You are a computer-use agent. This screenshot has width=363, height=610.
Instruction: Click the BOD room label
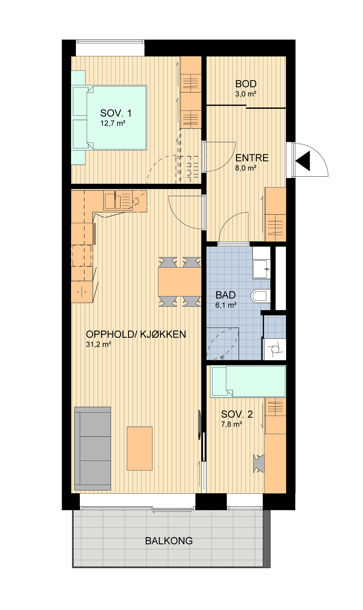(246, 84)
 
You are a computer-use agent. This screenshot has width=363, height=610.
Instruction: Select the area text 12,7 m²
(113, 123)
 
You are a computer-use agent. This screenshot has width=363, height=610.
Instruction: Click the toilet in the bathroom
(260, 296)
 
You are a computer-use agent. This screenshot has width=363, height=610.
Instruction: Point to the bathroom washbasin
(262, 269)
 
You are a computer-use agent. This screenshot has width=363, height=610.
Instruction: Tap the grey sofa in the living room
(93, 448)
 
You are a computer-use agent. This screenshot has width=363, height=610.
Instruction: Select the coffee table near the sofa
(139, 448)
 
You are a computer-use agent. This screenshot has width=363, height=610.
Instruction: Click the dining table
(180, 282)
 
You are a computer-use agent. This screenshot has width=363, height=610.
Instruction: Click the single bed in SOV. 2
(248, 381)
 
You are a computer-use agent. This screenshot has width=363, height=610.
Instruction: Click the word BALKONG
(169, 541)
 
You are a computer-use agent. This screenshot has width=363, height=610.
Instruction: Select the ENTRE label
(252, 158)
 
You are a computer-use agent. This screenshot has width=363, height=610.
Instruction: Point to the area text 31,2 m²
(99, 344)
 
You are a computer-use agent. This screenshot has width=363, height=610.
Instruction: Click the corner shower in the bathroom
(223, 344)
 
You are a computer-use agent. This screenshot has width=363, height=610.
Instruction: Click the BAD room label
(226, 295)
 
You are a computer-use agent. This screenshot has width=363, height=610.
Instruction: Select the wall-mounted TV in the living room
(200, 425)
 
